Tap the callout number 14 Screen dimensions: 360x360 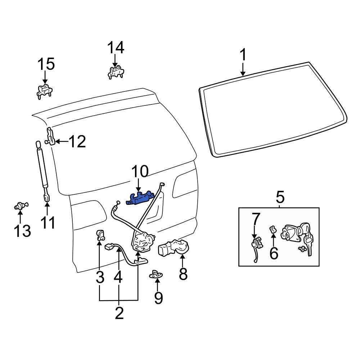tap(116, 48)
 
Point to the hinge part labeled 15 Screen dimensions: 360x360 tap(45, 91)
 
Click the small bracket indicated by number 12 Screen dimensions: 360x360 tap(50, 137)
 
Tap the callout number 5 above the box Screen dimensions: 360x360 tap(280, 197)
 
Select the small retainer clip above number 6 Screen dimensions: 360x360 tap(273, 229)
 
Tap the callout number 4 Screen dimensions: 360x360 tap(118, 277)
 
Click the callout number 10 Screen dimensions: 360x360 tap(139, 172)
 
